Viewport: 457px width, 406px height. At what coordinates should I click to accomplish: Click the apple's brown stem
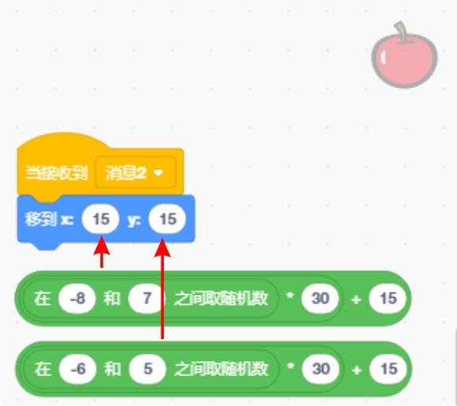point(401,32)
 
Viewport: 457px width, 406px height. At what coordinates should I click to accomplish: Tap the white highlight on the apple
point(384,57)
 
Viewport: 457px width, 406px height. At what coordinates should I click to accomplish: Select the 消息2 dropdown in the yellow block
point(136,173)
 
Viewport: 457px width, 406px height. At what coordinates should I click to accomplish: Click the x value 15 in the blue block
point(101,219)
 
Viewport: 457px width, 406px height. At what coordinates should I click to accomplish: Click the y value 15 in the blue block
point(167,219)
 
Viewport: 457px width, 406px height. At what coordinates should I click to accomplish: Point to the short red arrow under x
point(102,251)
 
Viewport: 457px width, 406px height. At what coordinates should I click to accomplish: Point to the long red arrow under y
point(162,289)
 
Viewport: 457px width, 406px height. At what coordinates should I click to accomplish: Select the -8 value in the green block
point(77,298)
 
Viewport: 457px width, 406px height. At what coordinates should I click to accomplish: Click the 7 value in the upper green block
point(147,298)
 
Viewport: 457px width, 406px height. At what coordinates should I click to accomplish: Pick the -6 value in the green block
point(77,369)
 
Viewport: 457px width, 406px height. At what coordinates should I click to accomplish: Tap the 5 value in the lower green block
point(148,369)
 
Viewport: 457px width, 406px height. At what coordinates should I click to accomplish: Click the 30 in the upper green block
point(320,298)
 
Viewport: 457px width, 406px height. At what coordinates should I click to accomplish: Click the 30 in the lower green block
point(321,369)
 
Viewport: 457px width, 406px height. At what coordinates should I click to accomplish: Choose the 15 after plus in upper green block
point(388,298)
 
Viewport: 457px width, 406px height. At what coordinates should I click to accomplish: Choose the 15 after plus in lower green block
point(388,369)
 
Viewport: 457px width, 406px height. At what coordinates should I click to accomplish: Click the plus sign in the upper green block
point(356,300)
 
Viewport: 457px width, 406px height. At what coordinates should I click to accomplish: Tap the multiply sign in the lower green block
point(290,367)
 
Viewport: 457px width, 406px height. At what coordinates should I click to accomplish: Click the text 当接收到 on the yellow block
point(57,173)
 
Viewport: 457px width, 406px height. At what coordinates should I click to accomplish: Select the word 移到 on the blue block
point(40,219)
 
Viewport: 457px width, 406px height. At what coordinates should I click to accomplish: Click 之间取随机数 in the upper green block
point(221,298)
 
